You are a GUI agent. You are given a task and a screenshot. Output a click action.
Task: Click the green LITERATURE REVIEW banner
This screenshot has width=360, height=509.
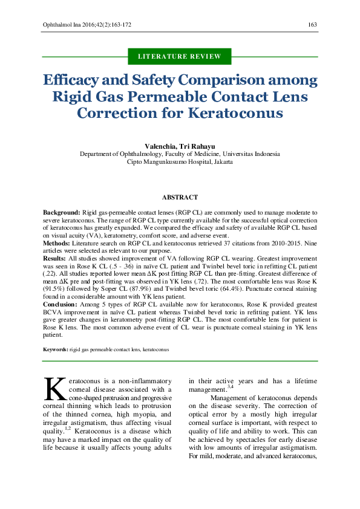click(180, 56)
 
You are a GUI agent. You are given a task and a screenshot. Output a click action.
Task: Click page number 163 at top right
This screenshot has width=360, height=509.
click(313, 25)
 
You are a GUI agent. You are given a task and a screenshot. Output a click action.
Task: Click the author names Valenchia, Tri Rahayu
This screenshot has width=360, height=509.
click(180, 146)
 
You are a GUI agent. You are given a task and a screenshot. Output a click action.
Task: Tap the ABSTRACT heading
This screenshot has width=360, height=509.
click(180, 198)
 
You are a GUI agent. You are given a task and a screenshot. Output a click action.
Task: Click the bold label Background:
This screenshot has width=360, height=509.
click(61, 213)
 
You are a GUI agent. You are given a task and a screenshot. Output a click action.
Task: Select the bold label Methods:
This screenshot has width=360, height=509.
click(57, 242)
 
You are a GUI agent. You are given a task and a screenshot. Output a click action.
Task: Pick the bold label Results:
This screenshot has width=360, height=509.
click(54, 258)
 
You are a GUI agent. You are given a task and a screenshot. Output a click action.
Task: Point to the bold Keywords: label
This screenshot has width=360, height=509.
click(55, 349)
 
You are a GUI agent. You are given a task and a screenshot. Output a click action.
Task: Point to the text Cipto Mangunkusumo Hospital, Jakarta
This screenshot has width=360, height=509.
click(180, 162)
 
